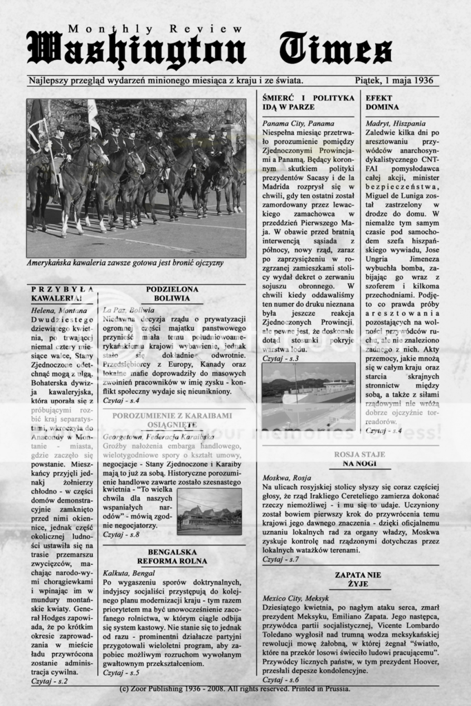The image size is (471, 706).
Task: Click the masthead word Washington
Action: pos(136,50)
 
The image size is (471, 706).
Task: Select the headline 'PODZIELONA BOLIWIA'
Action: pos(172,294)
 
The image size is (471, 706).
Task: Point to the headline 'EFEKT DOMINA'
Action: pos(382,103)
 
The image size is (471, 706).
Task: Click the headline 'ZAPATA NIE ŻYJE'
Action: pos(358,578)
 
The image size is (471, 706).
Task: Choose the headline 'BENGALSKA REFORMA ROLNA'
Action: pos(172,556)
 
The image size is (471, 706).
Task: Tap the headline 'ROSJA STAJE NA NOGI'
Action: pos(359,459)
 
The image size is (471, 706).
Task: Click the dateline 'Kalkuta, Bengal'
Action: pos(129,572)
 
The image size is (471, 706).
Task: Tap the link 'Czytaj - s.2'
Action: pos(49,680)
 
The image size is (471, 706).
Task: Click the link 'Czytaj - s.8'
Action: pos(121,534)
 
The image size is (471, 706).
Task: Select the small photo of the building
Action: pos(209,512)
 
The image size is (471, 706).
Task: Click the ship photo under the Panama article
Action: pos(308,397)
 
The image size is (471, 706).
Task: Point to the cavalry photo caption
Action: pos(125,263)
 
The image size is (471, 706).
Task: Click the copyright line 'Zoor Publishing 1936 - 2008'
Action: pos(234,688)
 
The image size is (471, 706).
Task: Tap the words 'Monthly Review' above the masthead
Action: pos(156,30)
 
